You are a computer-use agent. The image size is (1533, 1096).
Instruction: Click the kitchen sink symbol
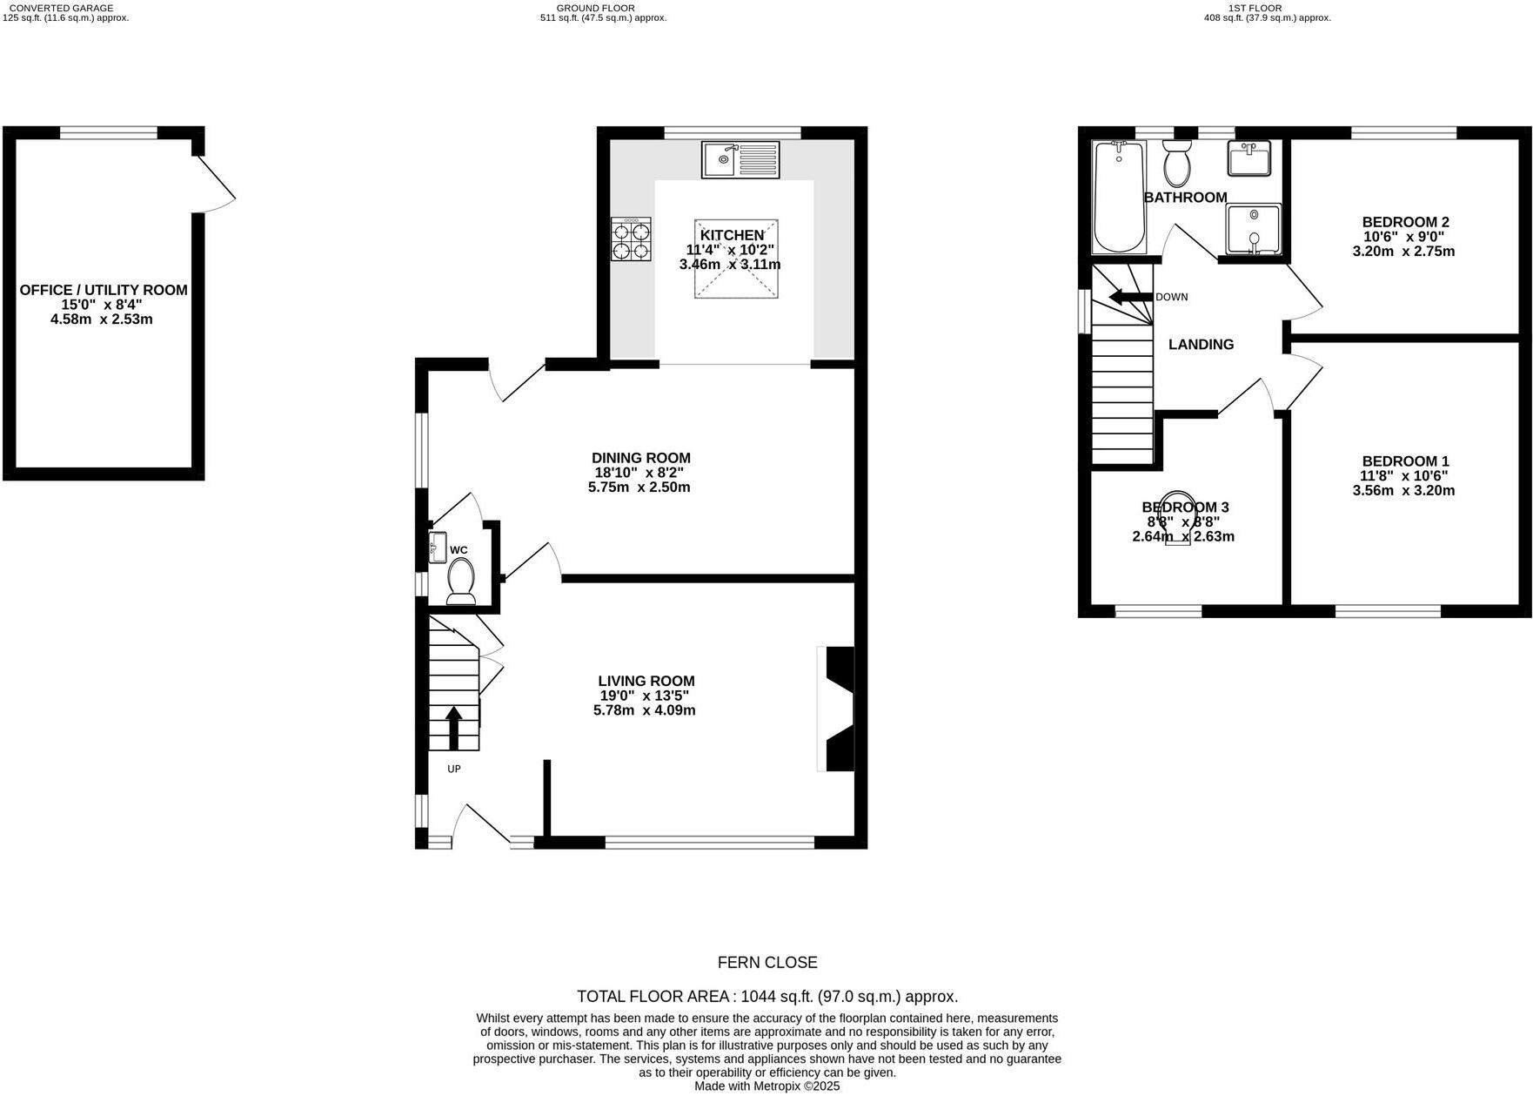pos(741,159)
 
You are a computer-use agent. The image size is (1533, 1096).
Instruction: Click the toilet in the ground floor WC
pos(460,581)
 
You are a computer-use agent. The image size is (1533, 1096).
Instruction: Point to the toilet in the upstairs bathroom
pos(1178,163)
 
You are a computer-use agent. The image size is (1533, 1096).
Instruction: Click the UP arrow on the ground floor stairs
pos(453,728)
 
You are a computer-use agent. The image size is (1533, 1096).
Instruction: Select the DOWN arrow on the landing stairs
pos(1130,297)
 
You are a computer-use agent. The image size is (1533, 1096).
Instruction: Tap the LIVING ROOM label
pos(646,682)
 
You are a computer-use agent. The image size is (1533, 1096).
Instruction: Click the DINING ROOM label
pos(640,458)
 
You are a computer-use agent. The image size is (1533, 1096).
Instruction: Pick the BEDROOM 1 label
pos(1405,461)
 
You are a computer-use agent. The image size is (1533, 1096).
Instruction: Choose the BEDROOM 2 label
pos(1405,222)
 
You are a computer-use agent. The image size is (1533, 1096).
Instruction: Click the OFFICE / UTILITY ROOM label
pos(104,290)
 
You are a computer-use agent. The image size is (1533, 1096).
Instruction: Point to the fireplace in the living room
pos(837,709)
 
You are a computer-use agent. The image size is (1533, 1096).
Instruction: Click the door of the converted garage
pos(215,183)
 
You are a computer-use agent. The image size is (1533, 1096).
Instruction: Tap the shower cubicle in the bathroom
pos(1253,229)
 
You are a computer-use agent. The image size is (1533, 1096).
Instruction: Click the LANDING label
pos(1201,345)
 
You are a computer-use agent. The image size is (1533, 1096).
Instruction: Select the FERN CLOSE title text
pos(766,963)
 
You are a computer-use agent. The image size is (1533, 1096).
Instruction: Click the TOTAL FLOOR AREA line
pos(766,997)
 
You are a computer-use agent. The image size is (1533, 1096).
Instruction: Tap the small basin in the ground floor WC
pos(438,548)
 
